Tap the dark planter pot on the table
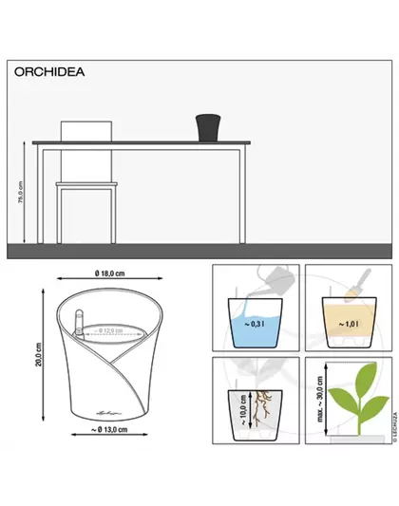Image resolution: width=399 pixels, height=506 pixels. (206, 126)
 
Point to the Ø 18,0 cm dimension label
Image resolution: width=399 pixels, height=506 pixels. (110, 274)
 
